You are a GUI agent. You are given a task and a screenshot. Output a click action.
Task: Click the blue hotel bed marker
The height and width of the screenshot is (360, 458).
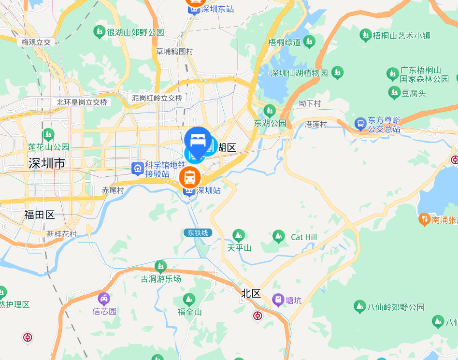(x=197, y=140)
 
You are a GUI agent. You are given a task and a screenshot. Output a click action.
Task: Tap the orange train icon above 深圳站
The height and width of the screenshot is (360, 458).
(x=190, y=177)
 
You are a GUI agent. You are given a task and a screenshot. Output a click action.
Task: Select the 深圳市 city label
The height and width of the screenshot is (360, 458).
(x=46, y=163)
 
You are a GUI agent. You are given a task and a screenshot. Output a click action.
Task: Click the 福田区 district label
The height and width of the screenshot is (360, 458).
(x=40, y=215)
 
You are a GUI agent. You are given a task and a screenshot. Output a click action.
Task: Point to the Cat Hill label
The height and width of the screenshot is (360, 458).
(x=304, y=237)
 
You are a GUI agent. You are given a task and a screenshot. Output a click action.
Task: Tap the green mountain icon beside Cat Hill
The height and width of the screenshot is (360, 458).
(x=278, y=236)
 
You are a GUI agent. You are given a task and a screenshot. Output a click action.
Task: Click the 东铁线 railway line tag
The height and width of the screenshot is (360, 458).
(x=198, y=233)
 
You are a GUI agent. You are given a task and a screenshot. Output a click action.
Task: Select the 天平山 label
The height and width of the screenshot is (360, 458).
(x=239, y=248)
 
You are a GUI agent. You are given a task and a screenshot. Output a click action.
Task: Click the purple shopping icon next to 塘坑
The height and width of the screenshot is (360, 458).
(x=278, y=300)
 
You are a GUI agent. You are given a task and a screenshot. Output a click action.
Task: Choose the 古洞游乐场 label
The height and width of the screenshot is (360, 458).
(x=161, y=279)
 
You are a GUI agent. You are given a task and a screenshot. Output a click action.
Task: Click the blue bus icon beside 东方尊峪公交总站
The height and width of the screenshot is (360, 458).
(x=360, y=124)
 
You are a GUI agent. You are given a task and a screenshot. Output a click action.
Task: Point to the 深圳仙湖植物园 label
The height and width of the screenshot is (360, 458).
(x=299, y=73)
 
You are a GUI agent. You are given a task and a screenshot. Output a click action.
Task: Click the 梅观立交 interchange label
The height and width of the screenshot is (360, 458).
(x=36, y=42)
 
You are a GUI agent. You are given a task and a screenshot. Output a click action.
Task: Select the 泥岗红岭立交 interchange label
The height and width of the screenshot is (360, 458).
(x=157, y=98)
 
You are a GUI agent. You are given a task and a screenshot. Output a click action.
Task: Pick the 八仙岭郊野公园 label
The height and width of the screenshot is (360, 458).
(x=396, y=307)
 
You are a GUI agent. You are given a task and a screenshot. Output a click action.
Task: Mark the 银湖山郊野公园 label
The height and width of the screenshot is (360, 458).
(x=135, y=32)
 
